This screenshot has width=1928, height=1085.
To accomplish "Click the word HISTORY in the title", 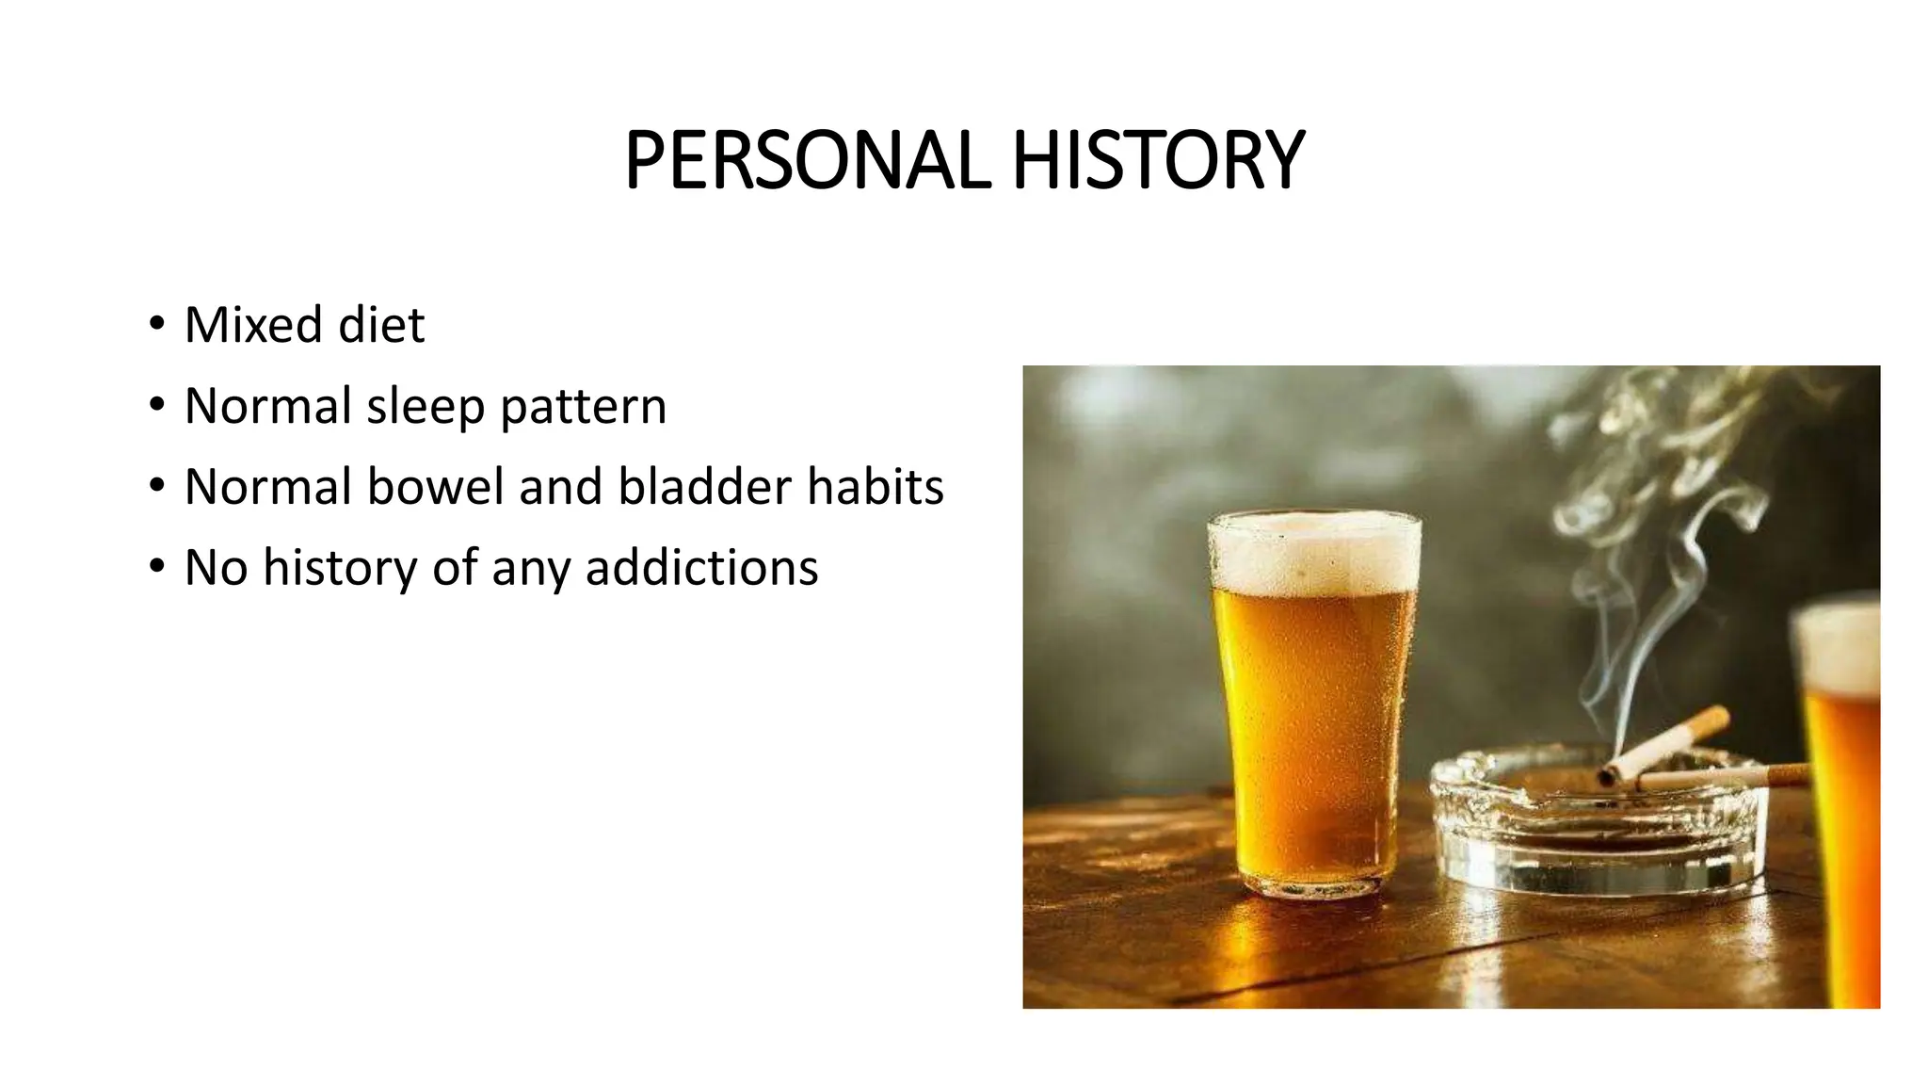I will click(x=1158, y=160).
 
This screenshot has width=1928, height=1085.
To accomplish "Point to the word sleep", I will click(x=426, y=407).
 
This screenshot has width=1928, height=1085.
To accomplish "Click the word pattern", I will click(x=583, y=407).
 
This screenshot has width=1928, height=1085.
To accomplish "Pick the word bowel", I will click(x=436, y=487).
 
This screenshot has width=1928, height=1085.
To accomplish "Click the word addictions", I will click(x=701, y=568).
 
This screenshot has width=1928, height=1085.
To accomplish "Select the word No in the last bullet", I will click(x=216, y=568).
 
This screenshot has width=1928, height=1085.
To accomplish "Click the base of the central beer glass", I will click(x=1314, y=881).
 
